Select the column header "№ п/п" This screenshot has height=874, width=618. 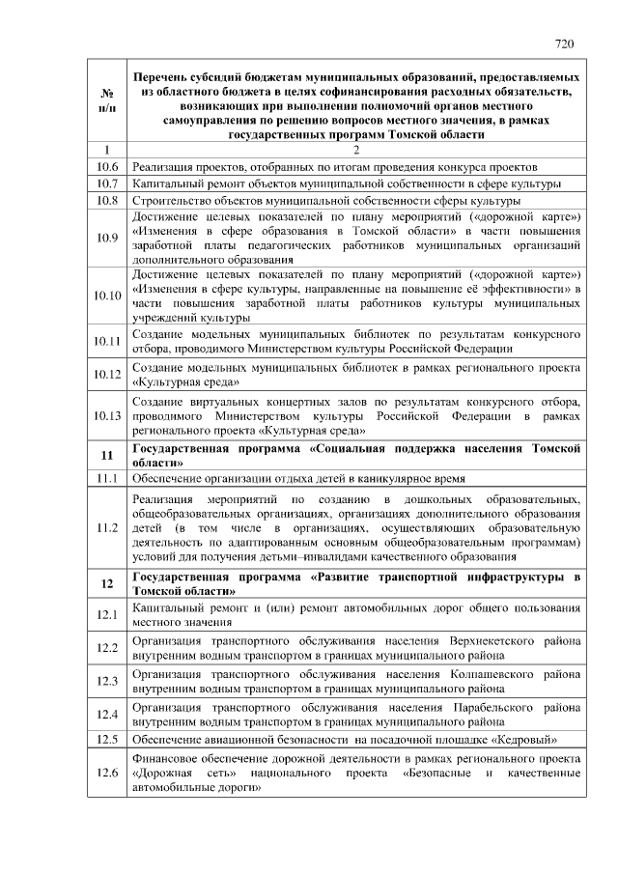tap(106, 99)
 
